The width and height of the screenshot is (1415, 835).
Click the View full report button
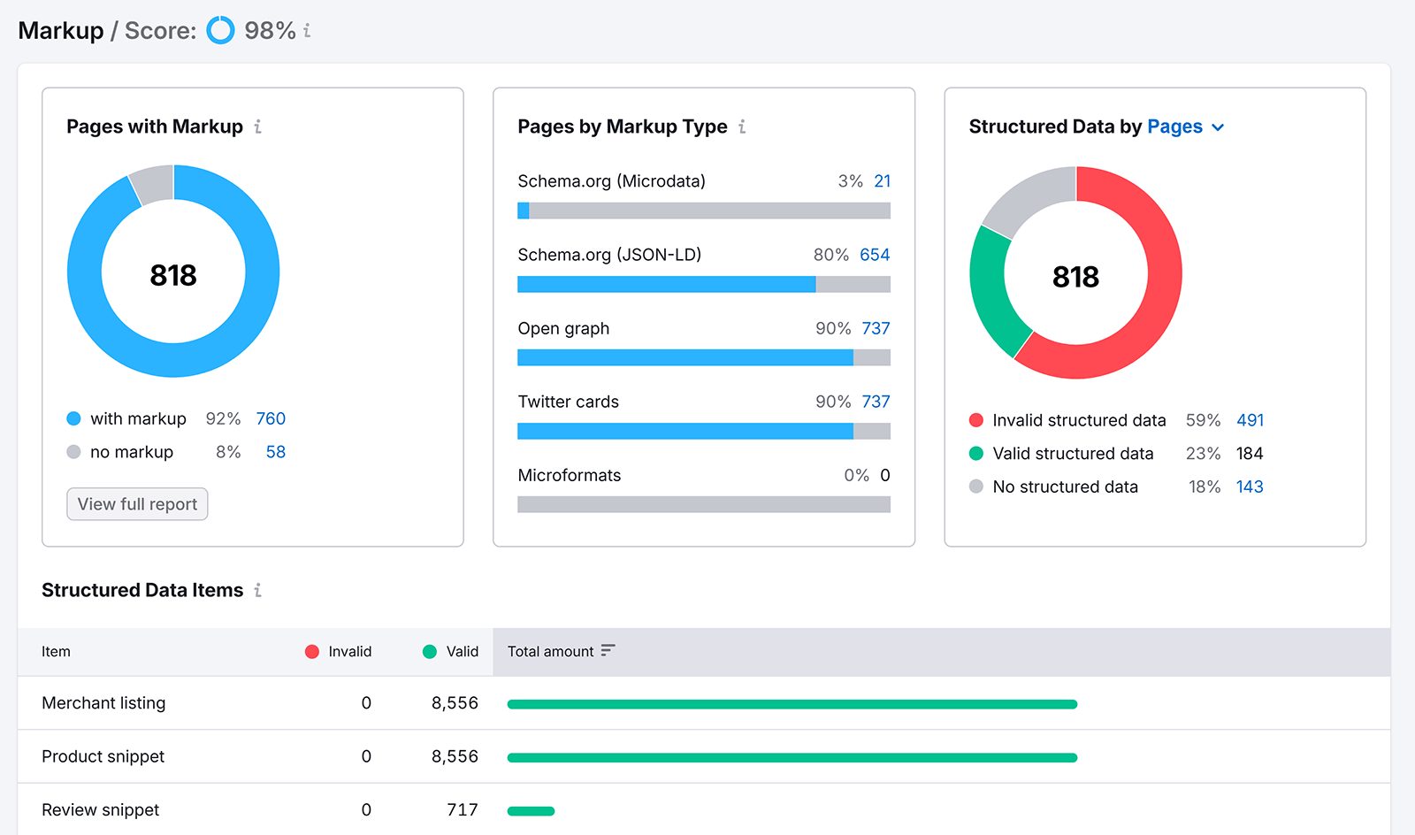click(137, 504)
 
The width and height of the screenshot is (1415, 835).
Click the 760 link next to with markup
click(271, 418)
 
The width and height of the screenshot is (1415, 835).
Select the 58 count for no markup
click(275, 452)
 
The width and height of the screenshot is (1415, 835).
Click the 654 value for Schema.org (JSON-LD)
click(875, 255)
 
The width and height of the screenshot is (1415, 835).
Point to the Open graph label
click(563, 328)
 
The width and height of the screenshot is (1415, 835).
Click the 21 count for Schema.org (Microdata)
click(882, 181)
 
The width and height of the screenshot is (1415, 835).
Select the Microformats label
click(569, 475)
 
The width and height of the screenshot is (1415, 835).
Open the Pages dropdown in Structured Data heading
click(1185, 127)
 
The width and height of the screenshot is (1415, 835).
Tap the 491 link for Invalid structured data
click(1250, 420)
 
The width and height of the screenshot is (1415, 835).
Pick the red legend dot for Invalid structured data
click(976, 420)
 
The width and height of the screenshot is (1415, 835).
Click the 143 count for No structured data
click(1249, 486)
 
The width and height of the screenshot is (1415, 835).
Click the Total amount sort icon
click(608, 650)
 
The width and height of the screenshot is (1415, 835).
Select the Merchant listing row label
click(103, 703)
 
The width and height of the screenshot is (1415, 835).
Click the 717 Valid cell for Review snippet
click(462, 809)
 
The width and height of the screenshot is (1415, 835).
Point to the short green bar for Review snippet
click(531, 811)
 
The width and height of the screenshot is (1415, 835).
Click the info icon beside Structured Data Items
click(257, 590)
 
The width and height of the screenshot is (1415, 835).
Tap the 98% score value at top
click(270, 31)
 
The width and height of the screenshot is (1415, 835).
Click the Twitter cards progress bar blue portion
click(685, 432)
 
